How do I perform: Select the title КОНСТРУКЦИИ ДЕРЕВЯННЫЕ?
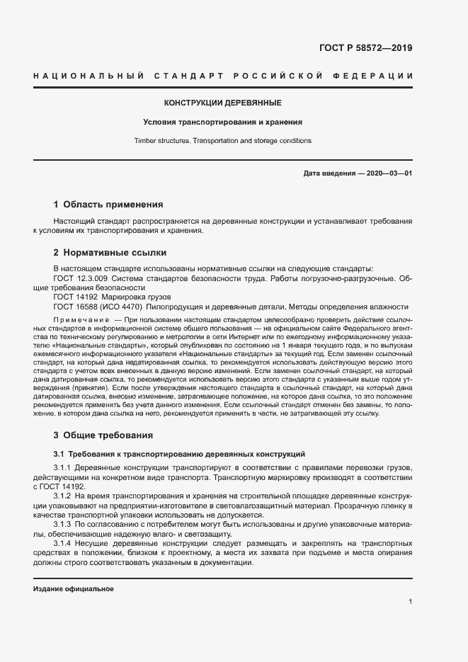(223, 103)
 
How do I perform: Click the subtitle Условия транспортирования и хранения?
(223, 122)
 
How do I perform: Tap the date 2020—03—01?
(388, 173)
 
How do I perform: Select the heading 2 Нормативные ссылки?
(110, 252)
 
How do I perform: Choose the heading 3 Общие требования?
(103, 435)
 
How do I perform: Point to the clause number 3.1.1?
(64, 469)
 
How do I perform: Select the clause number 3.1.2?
(64, 496)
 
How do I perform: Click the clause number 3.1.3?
(64, 524)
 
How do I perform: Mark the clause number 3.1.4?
(64, 542)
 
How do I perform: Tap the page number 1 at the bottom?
(410, 602)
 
